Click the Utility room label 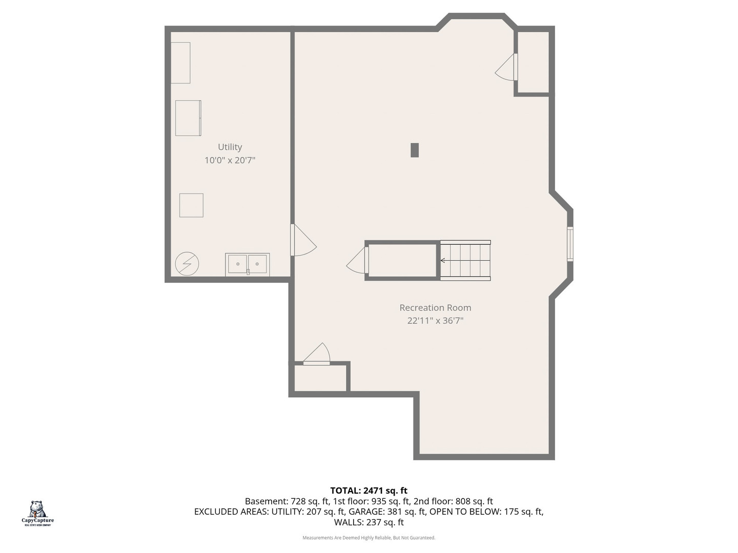click(230, 147)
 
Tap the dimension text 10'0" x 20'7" click(230, 160)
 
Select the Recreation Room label click(435, 308)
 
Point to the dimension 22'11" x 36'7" click(435, 321)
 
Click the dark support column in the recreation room click(415, 150)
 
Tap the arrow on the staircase click(443, 261)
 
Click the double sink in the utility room click(248, 264)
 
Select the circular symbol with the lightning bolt click(187, 264)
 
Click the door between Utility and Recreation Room click(302, 241)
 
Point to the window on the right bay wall click(570, 244)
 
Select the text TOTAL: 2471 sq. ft click(368, 491)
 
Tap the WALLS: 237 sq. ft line click(368, 522)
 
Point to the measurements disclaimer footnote click(368, 538)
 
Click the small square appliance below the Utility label click(191, 205)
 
